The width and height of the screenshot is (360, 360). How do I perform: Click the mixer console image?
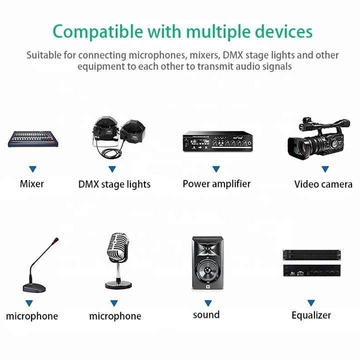[33, 139]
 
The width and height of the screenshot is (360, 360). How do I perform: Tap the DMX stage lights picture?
[118, 137]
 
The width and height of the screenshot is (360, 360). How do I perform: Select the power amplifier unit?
[217, 141]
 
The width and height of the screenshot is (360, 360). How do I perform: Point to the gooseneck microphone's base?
[34, 288]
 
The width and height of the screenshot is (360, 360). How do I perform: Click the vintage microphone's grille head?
[118, 248]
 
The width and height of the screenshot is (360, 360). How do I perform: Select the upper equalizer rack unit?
[312, 255]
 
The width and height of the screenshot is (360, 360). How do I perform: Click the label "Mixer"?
[32, 184]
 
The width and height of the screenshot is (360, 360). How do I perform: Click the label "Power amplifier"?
[216, 184]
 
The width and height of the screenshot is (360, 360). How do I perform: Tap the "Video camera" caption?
[323, 184]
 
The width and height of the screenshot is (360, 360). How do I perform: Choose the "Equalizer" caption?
[311, 315]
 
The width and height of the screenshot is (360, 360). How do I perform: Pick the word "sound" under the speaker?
[206, 315]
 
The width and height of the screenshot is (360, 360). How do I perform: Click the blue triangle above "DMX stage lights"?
[112, 169]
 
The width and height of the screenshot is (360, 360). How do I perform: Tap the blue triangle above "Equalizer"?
[311, 303]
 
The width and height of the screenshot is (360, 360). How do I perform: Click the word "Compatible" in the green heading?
[98, 31]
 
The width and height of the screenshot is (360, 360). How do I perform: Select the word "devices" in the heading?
[284, 31]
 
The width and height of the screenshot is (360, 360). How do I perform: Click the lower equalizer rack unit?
[312, 270]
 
